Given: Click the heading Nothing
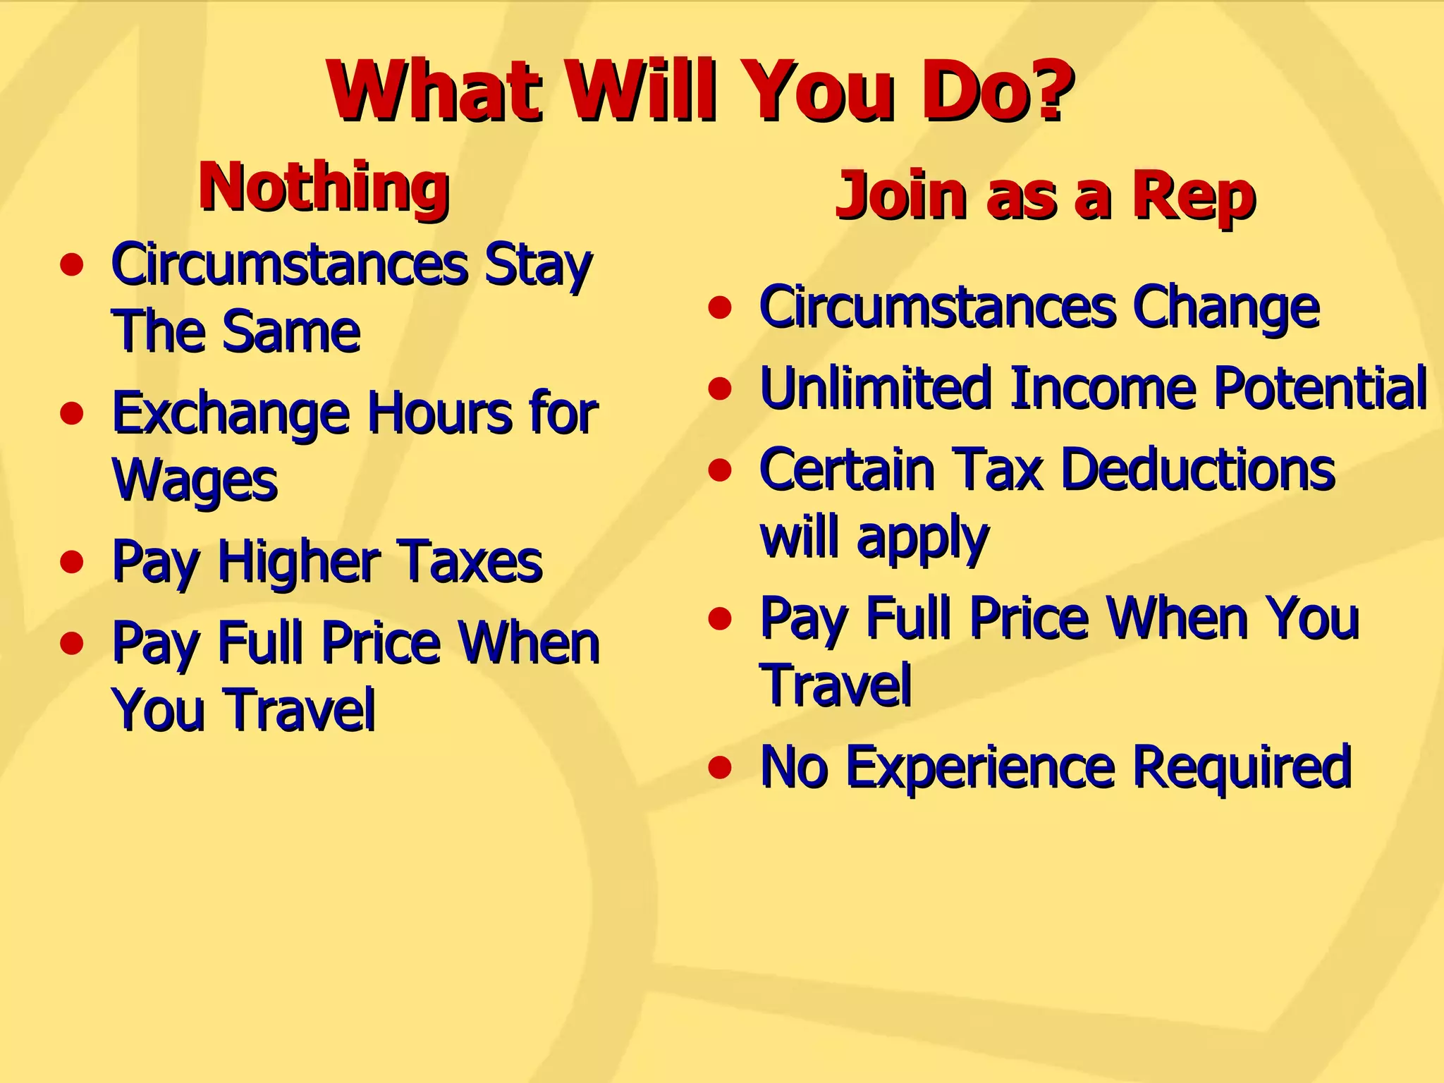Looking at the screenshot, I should (x=324, y=187).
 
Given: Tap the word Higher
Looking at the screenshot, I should (x=299, y=563).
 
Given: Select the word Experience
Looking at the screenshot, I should (x=979, y=767).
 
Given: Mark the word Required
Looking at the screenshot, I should (x=1241, y=767).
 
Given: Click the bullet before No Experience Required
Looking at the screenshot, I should (x=720, y=767).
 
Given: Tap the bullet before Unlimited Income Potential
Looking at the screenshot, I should (x=720, y=388).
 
